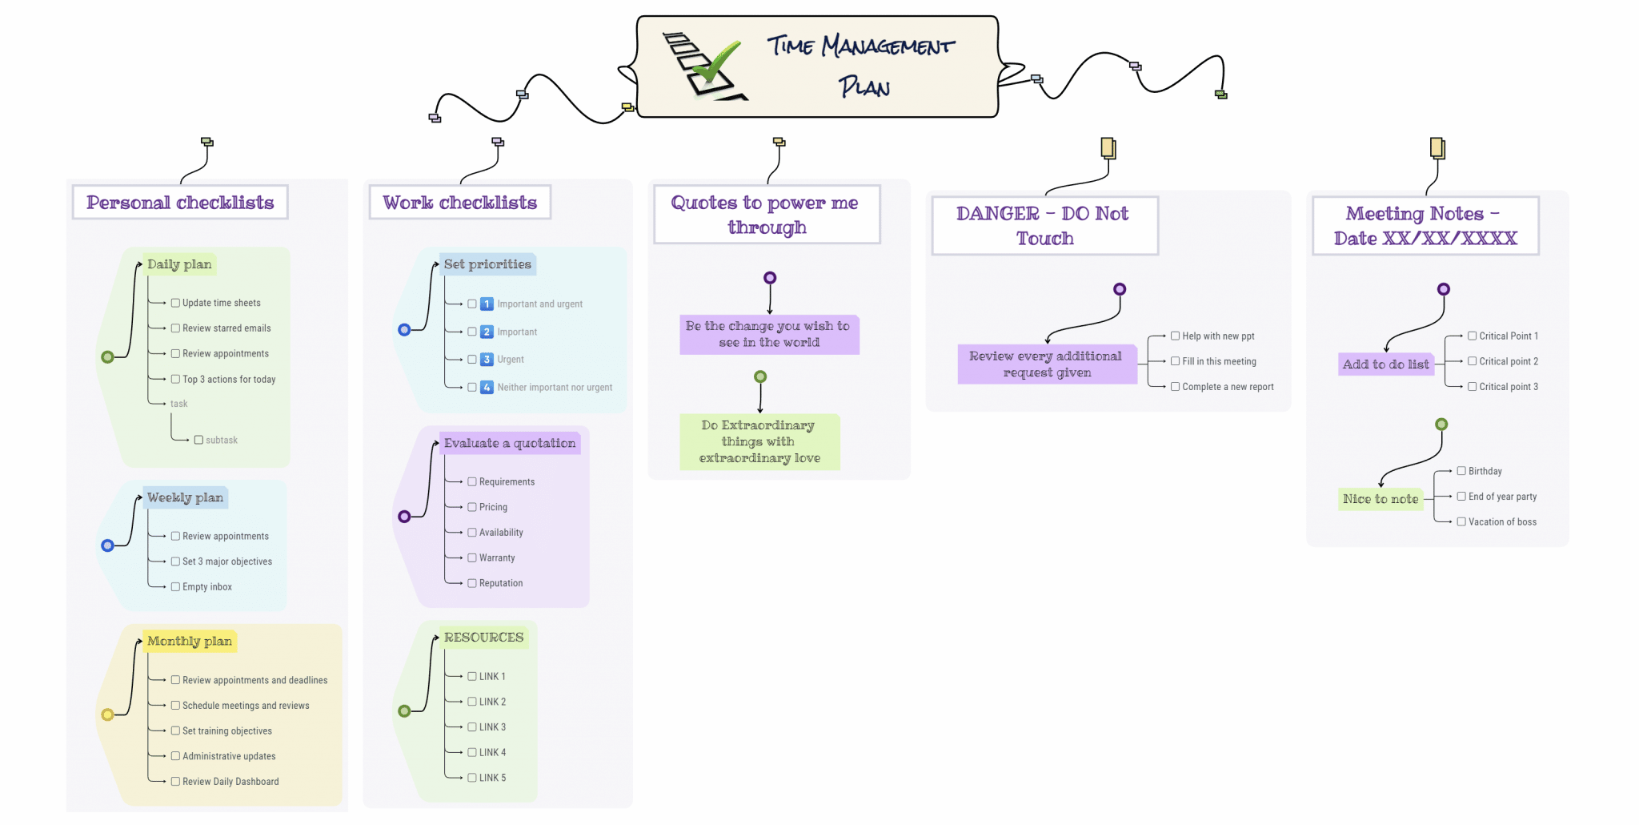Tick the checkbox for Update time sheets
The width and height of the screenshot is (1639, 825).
[175, 303]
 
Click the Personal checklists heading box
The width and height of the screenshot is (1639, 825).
[180, 203]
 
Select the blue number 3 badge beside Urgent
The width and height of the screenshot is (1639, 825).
[487, 360]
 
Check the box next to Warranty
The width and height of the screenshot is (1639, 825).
[472, 557]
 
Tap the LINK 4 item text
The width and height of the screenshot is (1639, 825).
[492, 752]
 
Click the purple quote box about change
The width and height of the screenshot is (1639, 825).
[768, 334]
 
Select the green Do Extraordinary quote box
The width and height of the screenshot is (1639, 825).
[759, 441]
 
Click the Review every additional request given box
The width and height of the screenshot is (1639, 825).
[1046, 364]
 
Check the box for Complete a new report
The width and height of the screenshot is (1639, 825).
[1176, 386]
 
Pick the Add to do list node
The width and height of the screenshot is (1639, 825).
[1385, 364]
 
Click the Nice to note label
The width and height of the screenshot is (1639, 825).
[1380, 499]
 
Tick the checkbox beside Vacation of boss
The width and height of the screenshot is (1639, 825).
[1461, 521]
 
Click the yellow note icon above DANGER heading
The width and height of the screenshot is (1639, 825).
[1108, 147]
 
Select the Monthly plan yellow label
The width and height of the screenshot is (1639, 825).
[190, 642]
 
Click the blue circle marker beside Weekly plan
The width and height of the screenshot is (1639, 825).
[107, 545]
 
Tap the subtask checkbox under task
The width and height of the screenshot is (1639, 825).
[198, 440]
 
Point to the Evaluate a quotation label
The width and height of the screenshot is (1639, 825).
[510, 444]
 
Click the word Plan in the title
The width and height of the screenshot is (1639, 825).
[864, 87]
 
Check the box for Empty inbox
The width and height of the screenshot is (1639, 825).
[175, 586]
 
